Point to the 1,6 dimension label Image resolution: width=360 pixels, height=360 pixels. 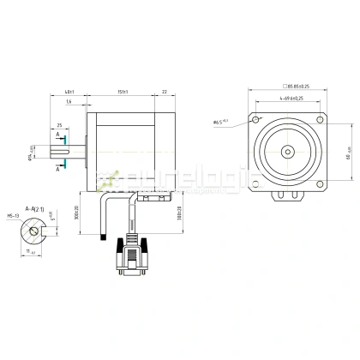(68, 102)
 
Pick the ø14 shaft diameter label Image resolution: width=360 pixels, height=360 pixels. (31, 155)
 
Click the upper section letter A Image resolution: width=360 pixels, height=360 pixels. (57, 135)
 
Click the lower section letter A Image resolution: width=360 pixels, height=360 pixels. (57, 171)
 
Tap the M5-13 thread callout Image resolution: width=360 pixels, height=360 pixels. (15, 217)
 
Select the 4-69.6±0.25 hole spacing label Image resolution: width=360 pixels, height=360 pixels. (285, 99)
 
